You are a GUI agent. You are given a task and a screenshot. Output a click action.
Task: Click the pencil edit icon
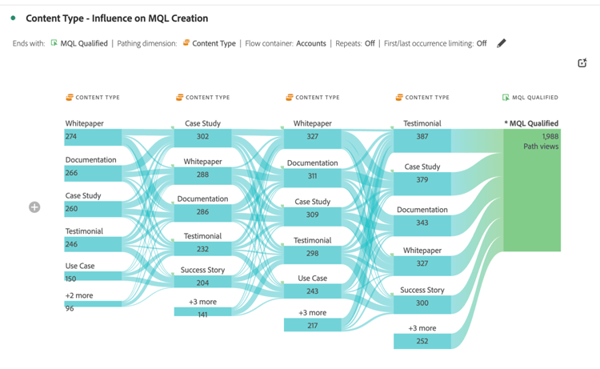(502, 43)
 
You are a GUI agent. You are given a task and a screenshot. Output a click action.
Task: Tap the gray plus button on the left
(34, 207)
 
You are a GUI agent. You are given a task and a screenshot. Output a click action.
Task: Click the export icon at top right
(582, 63)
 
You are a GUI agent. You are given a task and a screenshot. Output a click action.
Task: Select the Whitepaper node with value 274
(93, 137)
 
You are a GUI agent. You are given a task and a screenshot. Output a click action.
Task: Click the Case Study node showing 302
(202, 137)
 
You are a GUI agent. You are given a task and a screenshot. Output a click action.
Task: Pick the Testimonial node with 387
(422, 137)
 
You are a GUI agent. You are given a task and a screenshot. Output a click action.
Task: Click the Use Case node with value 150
(93, 275)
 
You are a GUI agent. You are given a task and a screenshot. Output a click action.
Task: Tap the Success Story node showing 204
(202, 283)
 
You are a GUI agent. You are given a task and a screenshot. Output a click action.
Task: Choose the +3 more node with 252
(422, 341)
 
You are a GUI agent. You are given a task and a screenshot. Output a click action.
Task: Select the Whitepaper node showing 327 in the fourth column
(422, 263)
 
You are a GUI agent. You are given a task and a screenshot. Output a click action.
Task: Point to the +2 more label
(79, 295)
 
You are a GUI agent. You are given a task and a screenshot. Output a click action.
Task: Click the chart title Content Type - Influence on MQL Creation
(117, 18)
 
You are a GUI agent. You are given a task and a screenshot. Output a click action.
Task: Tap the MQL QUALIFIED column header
(530, 98)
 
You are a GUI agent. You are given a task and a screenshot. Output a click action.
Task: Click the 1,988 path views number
(550, 137)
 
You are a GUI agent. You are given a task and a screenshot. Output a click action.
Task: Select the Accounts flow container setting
(310, 43)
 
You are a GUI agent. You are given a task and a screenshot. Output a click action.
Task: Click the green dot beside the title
(14, 18)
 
